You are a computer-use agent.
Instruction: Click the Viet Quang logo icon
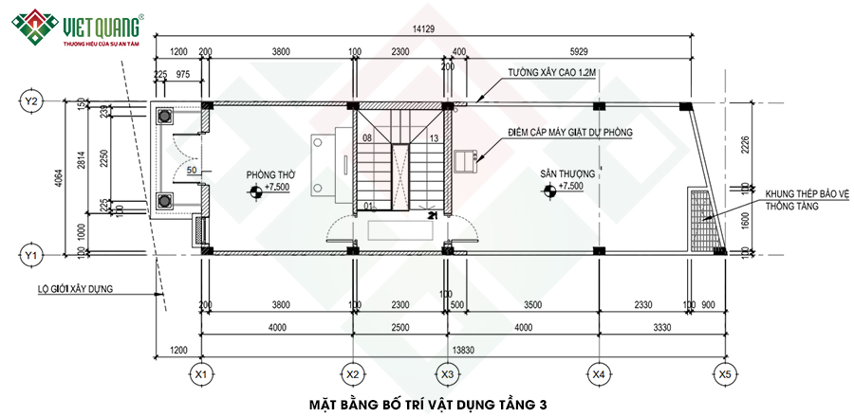tap(29, 28)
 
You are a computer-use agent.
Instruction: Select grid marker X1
tap(200, 374)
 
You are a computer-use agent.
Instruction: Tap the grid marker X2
tap(353, 374)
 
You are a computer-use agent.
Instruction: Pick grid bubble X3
tap(447, 374)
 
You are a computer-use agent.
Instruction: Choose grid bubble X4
tap(599, 374)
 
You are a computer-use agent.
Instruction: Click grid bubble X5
tap(725, 374)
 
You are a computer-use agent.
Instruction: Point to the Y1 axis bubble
tap(31, 254)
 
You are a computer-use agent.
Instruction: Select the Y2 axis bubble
tap(31, 100)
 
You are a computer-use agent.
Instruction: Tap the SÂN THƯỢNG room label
tap(567, 175)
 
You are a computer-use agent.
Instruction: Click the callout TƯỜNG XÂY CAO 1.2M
tap(548, 72)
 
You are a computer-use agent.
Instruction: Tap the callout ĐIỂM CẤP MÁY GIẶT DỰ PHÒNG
tap(569, 133)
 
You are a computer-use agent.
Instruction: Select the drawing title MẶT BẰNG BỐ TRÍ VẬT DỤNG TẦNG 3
tap(428, 405)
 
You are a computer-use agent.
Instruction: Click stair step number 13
tap(434, 138)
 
